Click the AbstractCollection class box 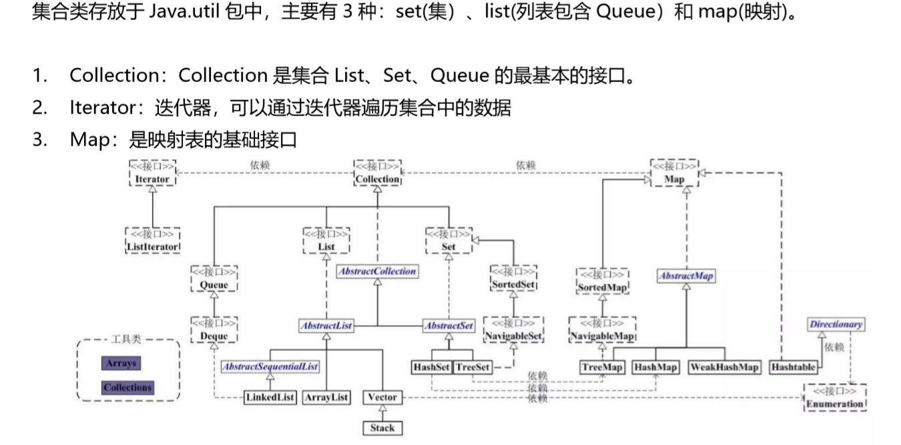click(377, 271)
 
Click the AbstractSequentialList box click(270, 366)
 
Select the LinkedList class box click(270, 397)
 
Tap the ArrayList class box click(326, 397)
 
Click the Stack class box click(382, 428)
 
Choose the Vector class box click(382, 397)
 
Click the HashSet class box click(432, 367)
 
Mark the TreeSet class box click(473, 367)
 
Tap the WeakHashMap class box click(725, 367)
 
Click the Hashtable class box click(794, 367)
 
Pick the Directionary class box click(836, 324)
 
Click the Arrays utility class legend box click(121, 363)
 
